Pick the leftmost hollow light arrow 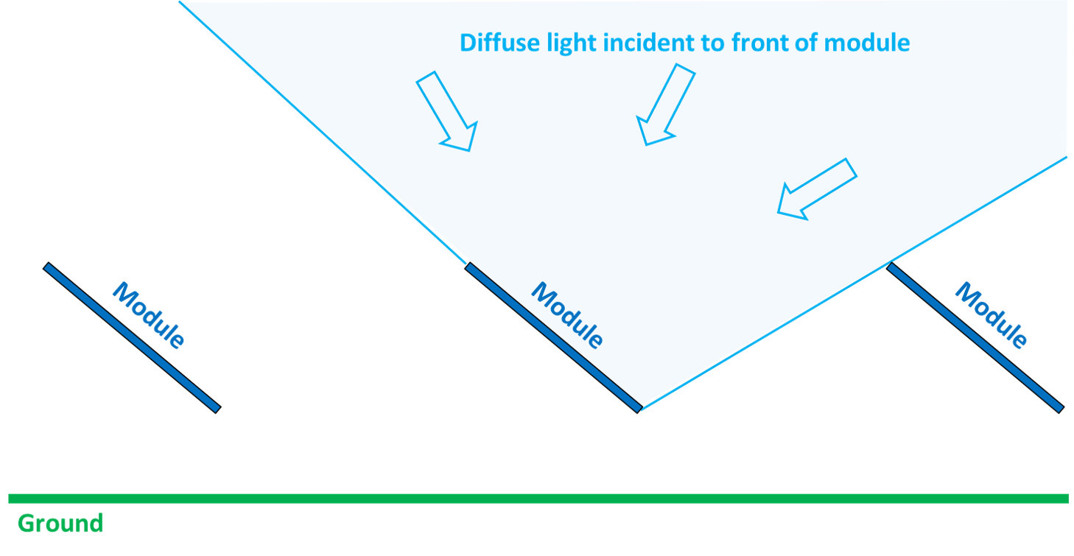447,111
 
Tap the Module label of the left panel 148,316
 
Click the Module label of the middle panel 567,316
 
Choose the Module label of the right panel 990,316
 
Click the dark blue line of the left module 132,337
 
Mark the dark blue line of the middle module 552,336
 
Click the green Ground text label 60,524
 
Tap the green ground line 538,499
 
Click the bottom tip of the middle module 639,408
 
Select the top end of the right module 891,267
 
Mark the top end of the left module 48,267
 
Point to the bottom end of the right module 1059,407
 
